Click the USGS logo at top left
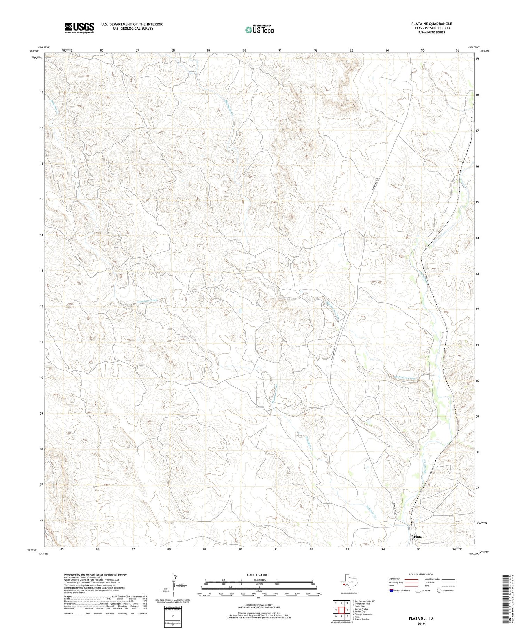(79, 28)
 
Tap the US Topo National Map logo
(259, 30)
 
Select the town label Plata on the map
(418, 537)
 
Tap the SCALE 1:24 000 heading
(259, 575)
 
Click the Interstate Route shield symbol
(391, 591)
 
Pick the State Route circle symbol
(440, 591)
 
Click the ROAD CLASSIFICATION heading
(421, 575)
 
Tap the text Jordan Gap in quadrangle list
(359, 612)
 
